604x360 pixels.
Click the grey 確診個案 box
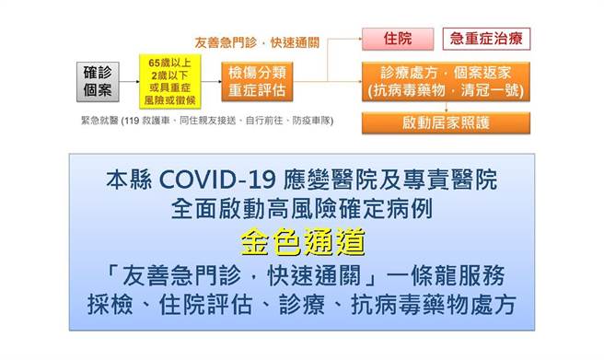pyautogui.click(x=97, y=80)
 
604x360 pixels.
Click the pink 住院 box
pyautogui.click(x=397, y=40)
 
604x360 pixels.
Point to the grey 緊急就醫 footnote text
pyautogui.click(x=212, y=120)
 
